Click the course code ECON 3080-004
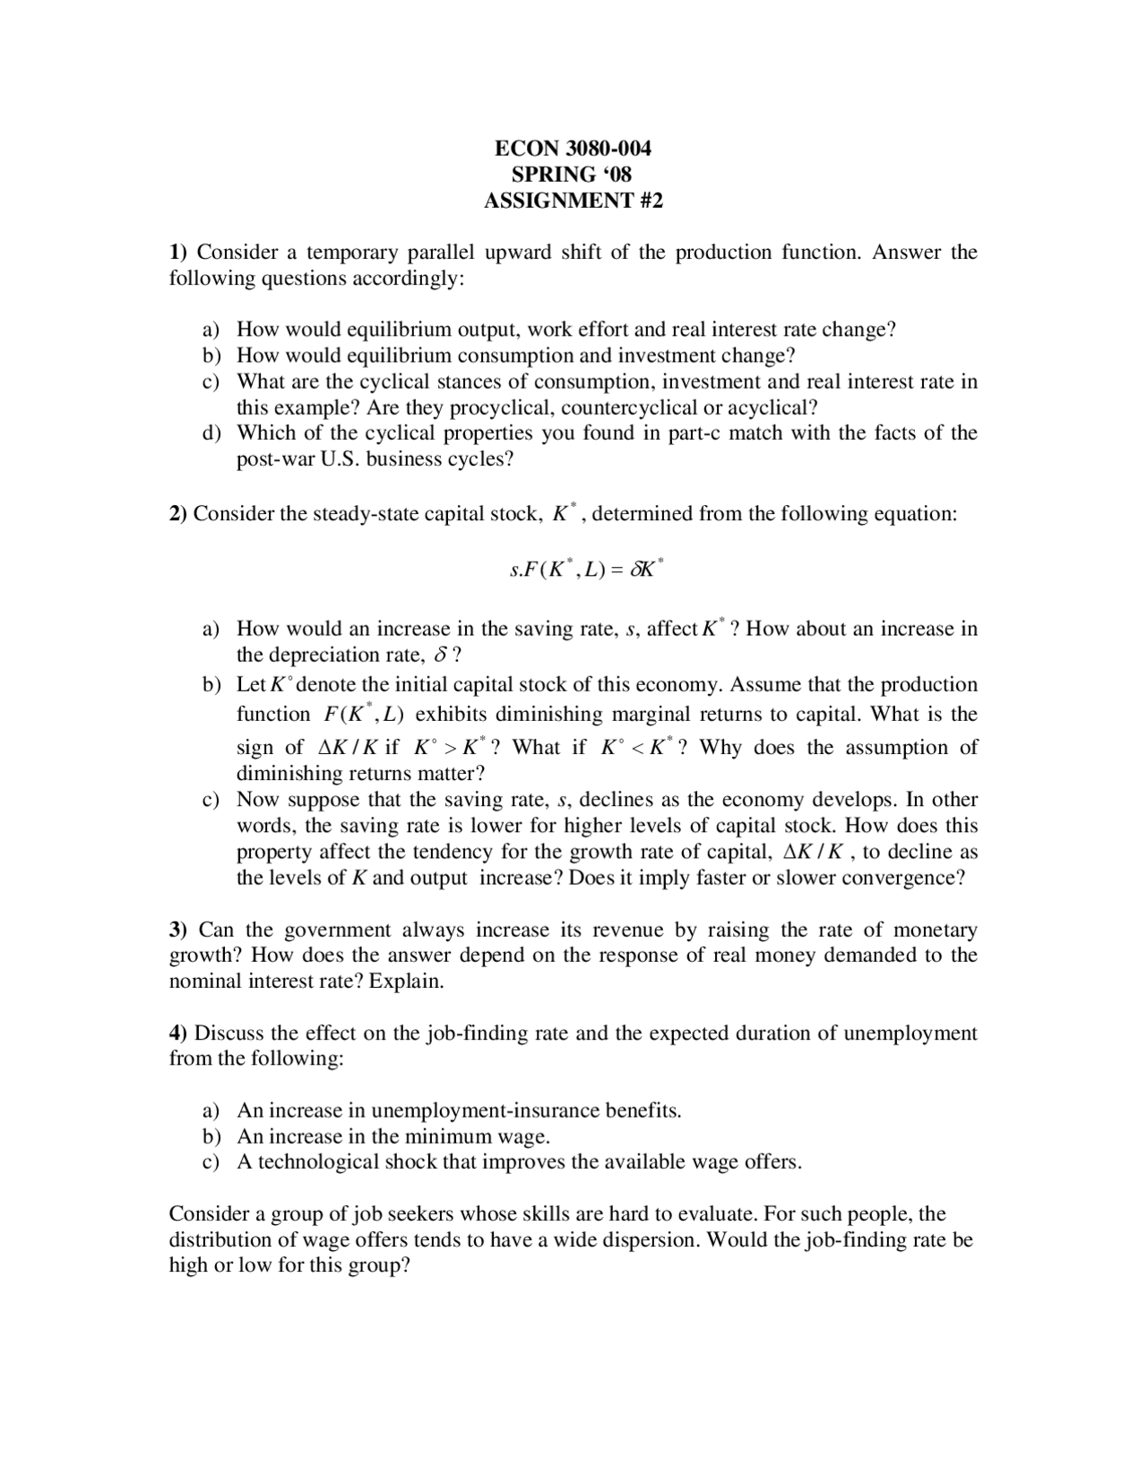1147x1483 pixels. (x=573, y=148)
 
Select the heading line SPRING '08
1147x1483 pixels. (x=573, y=174)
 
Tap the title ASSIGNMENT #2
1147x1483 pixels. (x=573, y=200)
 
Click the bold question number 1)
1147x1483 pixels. (x=178, y=252)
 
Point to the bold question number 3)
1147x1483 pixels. (x=178, y=930)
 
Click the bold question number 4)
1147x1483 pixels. (x=178, y=1033)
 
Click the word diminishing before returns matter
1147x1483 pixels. (x=290, y=773)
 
